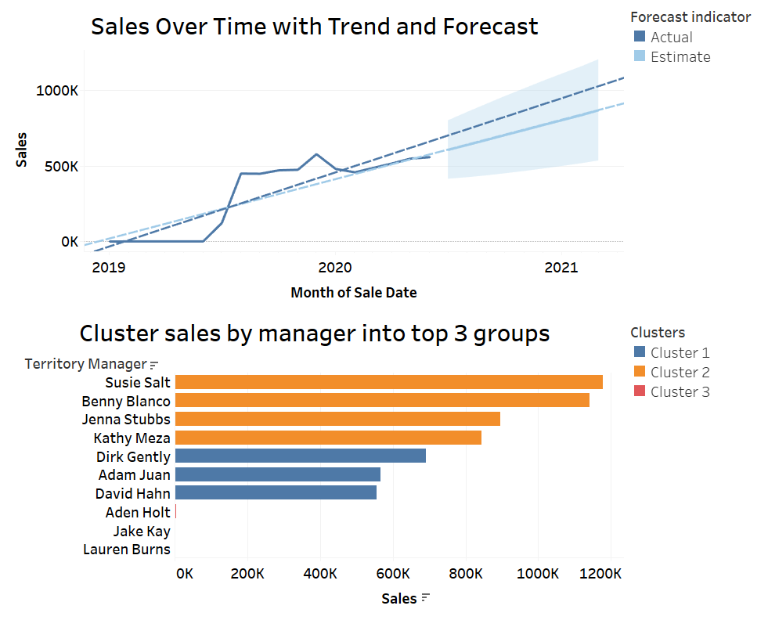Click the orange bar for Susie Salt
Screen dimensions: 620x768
[388, 382]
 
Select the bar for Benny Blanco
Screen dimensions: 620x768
[382, 400]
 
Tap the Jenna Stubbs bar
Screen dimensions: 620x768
[337, 419]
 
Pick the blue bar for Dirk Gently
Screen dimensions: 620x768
[300, 456]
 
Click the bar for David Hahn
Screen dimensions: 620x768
[276, 492]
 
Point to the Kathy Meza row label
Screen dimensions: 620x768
[132, 438]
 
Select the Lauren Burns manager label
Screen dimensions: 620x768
[126, 550]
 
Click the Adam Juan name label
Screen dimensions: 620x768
[134, 474]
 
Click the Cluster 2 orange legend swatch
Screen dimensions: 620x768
[639, 373]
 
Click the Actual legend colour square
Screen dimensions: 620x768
[639, 37]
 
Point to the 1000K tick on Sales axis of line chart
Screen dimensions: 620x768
[57, 91]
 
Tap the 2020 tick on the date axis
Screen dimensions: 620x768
[335, 268]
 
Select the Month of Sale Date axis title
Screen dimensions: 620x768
[353, 293]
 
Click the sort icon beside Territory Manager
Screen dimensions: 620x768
[153, 365]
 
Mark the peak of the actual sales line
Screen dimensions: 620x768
[316, 154]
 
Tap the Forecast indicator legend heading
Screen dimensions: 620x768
[690, 16]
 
